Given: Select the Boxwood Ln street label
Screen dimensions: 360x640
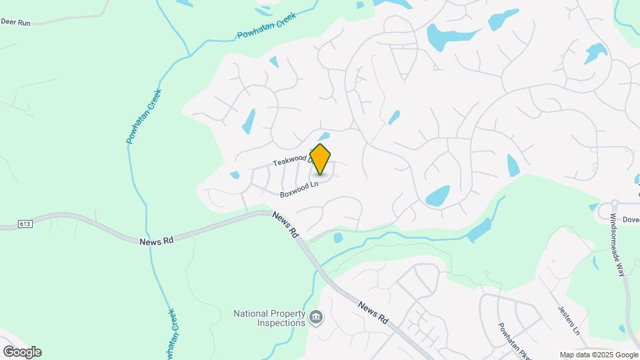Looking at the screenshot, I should click(x=297, y=189).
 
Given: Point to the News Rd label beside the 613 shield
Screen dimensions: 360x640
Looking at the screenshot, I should click(x=157, y=241).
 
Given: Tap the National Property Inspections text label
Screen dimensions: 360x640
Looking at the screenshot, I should click(x=269, y=318).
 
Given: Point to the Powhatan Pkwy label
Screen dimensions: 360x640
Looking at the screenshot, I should click(x=514, y=341).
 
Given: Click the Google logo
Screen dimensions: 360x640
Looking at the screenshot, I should click(x=22, y=351).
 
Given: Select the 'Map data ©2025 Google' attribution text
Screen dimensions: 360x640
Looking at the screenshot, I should click(x=599, y=355).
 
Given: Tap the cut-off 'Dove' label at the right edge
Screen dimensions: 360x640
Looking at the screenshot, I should click(x=631, y=219).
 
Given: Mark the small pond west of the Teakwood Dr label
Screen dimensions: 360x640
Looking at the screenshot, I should click(x=235, y=175).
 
